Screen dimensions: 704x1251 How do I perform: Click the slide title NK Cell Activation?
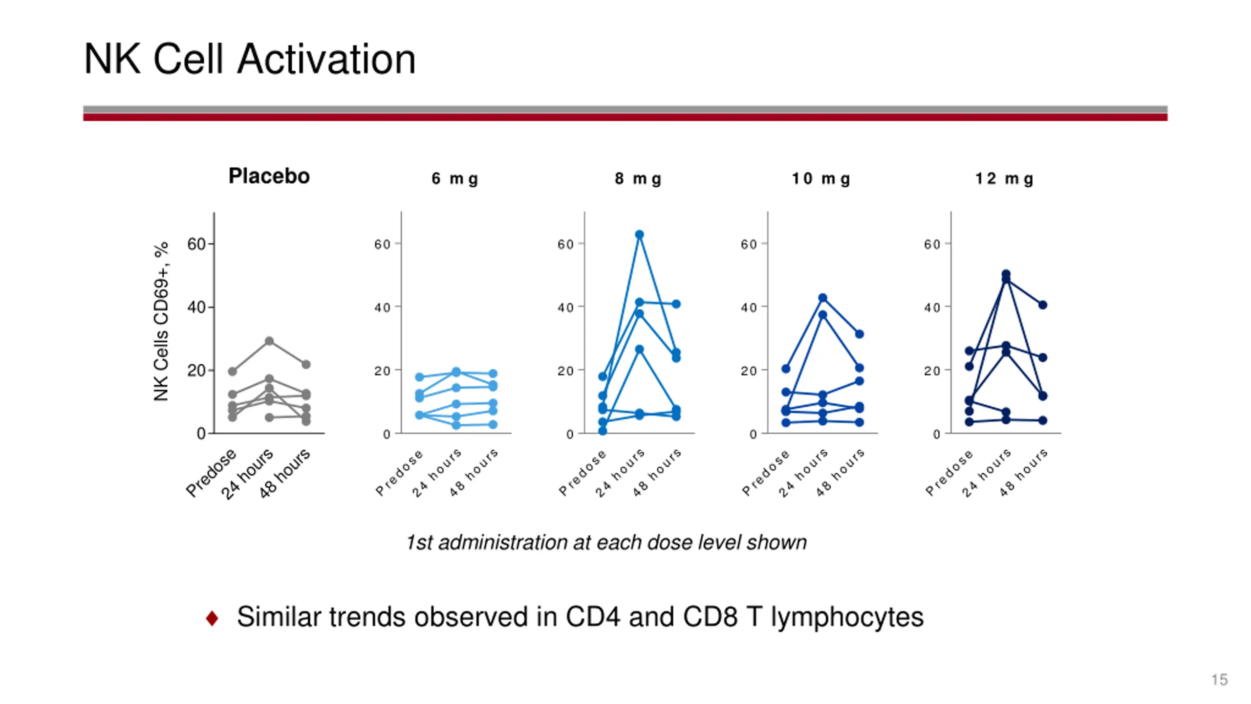(249, 59)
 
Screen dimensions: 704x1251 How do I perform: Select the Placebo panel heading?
(269, 176)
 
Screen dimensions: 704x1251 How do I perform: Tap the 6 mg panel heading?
(454, 179)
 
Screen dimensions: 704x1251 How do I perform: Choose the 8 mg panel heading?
(638, 179)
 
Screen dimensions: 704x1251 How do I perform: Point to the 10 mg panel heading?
(821, 179)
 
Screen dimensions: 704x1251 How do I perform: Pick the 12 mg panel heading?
(1004, 179)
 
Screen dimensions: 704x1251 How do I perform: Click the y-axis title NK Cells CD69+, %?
(161, 321)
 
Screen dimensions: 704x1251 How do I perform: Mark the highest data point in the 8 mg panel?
(639, 235)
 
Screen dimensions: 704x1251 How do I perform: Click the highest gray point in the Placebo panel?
(269, 341)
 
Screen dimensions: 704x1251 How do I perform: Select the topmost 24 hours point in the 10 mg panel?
(822, 298)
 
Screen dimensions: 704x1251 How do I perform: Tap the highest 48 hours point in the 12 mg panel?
(1042, 305)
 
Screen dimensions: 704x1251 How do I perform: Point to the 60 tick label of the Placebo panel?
(196, 244)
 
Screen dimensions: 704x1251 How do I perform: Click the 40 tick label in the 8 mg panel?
(565, 308)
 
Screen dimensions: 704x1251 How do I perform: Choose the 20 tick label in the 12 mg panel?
(932, 371)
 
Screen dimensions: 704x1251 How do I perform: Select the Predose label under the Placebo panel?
(211, 473)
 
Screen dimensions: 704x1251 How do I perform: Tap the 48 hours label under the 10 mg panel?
(840, 473)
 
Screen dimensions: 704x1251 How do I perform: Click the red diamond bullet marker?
(212, 618)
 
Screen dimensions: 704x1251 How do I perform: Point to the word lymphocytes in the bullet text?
(847, 617)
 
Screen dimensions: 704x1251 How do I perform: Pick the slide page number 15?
(1219, 680)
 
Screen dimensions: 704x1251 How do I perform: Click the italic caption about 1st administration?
(606, 543)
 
